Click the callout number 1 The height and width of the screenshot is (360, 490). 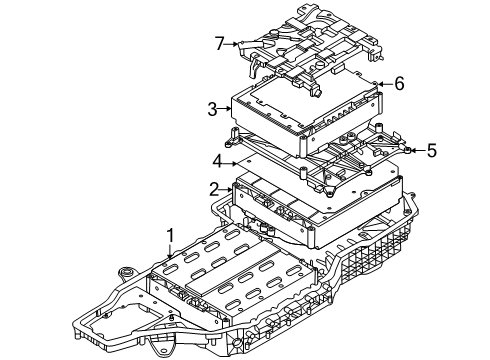[x=170, y=236]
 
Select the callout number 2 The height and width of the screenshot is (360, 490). [x=215, y=190]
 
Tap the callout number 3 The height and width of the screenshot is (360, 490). [x=212, y=109]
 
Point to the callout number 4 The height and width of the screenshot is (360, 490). [x=218, y=162]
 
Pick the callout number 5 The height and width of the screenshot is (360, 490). [x=432, y=150]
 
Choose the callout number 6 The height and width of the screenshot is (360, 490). [x=399, y=83]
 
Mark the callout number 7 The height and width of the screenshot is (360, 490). [x=219, y=43]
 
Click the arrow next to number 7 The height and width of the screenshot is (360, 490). [x=232, y=43]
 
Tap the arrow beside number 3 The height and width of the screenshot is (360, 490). [x=225, y=108]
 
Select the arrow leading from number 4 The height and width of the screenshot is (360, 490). [x=231, y=163]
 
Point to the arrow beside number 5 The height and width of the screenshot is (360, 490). [x=418, y=150]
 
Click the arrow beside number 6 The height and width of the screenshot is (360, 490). [x=385, y=84]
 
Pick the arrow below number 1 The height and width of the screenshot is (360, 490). [x=170, y=252]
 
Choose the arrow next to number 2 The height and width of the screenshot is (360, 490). [x=227, y=190]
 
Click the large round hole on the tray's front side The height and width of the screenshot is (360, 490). [x=237, y=342]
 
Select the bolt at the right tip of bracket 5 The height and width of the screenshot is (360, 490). [x=408, y=150]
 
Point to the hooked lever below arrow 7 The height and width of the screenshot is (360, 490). [x=254, y=68]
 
